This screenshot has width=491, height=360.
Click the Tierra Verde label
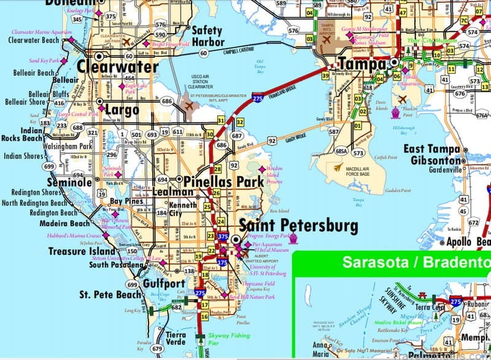click(180, 339)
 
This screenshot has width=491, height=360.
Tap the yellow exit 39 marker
click(325, 76)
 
